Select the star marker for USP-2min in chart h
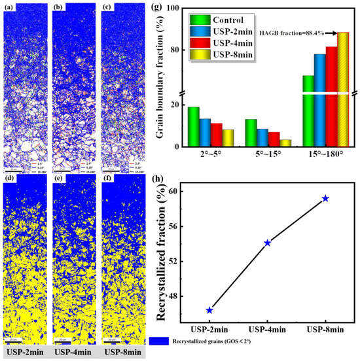pyautogui.click(x=209, y=310)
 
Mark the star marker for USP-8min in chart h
pyautogui.click(x=325, y=198)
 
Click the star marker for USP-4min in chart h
pyautogui.click(x=268, y=243)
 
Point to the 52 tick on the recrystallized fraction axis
pyautogui.click(x=171, y=261)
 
